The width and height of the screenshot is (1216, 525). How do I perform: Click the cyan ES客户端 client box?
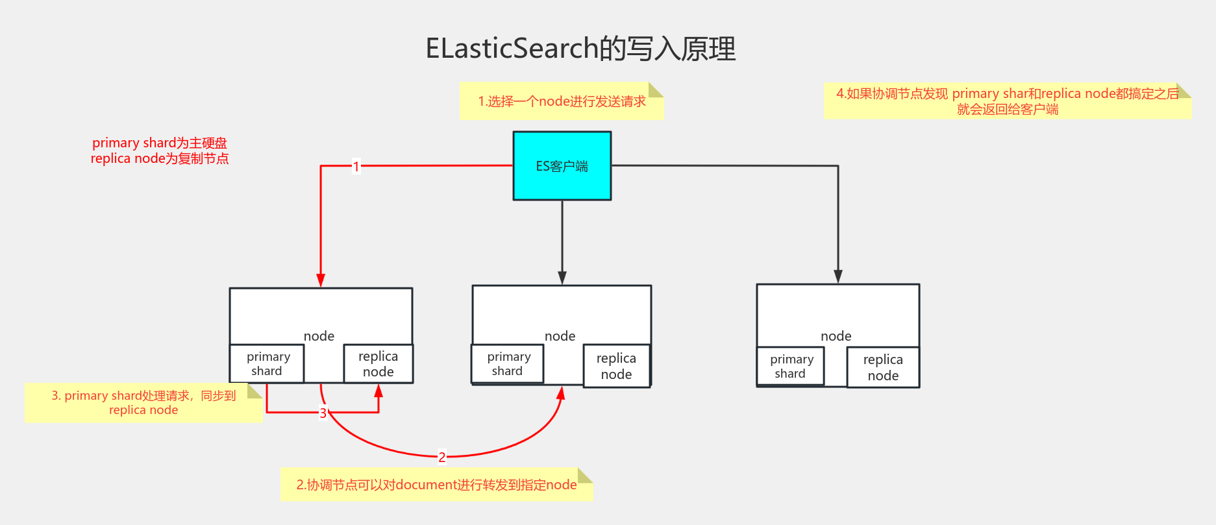click(562, 166)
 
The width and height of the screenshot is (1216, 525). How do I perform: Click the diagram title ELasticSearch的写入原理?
click(580, 49)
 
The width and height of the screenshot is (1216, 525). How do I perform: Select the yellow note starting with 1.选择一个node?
click(561, 101)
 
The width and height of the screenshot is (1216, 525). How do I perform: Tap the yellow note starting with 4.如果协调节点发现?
click(1007, 101)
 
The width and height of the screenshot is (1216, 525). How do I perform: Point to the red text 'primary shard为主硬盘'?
click(160, 143)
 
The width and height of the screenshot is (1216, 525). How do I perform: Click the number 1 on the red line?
click(356, 166)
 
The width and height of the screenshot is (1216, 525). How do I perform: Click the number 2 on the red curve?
click(442, 457)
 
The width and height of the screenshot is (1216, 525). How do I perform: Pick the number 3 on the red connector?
click(323, 413)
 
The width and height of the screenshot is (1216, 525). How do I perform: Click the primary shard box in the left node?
click(267, 363)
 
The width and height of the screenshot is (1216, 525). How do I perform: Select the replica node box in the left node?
click(378, 363)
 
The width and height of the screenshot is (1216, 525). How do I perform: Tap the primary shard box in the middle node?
click(508, 363)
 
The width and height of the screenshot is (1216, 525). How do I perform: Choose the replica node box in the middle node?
click(616, 366)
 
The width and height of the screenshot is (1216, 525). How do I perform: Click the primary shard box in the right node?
click(790, 366)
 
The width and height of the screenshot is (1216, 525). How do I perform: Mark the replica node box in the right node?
click(883, 367)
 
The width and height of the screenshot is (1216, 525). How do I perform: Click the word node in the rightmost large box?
click(836, 336)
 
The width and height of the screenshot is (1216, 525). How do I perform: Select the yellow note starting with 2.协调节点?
click(436, 485)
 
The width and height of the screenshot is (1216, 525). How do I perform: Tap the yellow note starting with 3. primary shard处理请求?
click(143, 402)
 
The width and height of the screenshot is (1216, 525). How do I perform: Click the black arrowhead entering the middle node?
click(562, 278)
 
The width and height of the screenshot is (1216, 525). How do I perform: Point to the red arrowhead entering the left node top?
click(321, 280)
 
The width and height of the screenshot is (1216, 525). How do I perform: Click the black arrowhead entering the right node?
click(838, 276)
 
